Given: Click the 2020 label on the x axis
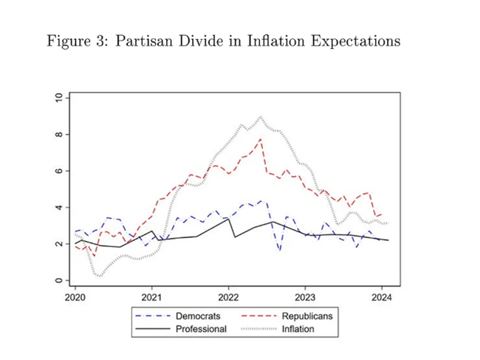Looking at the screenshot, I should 75,296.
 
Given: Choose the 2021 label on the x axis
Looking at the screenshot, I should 151,296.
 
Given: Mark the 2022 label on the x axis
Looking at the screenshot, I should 228,296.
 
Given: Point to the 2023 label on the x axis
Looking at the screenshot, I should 306,296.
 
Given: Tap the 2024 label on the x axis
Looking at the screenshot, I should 382,296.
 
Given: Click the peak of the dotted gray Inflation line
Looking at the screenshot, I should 261,116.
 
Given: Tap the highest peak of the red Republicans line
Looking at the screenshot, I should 261,139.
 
